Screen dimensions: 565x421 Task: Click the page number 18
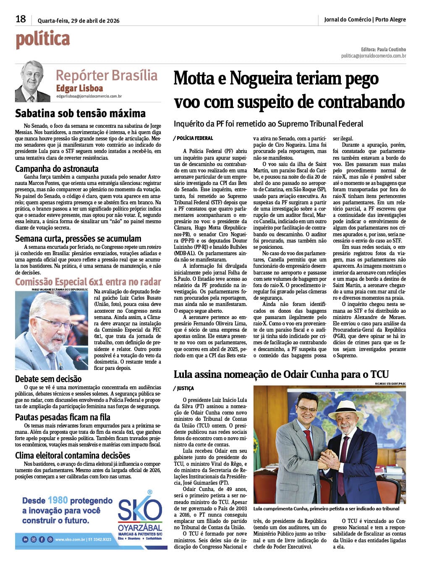21,19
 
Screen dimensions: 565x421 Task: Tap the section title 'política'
43,39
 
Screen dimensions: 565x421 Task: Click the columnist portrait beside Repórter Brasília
32,82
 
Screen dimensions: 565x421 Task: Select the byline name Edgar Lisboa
79,88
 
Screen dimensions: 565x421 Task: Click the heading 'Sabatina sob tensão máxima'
80,113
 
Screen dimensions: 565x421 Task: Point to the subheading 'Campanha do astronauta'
57,169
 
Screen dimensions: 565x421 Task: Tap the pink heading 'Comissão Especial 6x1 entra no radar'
88,282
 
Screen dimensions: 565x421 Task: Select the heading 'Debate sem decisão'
48,379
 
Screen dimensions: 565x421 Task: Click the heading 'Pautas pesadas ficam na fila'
63,417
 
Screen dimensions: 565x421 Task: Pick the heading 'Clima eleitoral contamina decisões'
73,455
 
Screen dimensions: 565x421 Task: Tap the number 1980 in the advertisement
58,500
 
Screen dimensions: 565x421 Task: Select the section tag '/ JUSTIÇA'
183,388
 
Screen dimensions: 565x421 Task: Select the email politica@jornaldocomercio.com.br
373,56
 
